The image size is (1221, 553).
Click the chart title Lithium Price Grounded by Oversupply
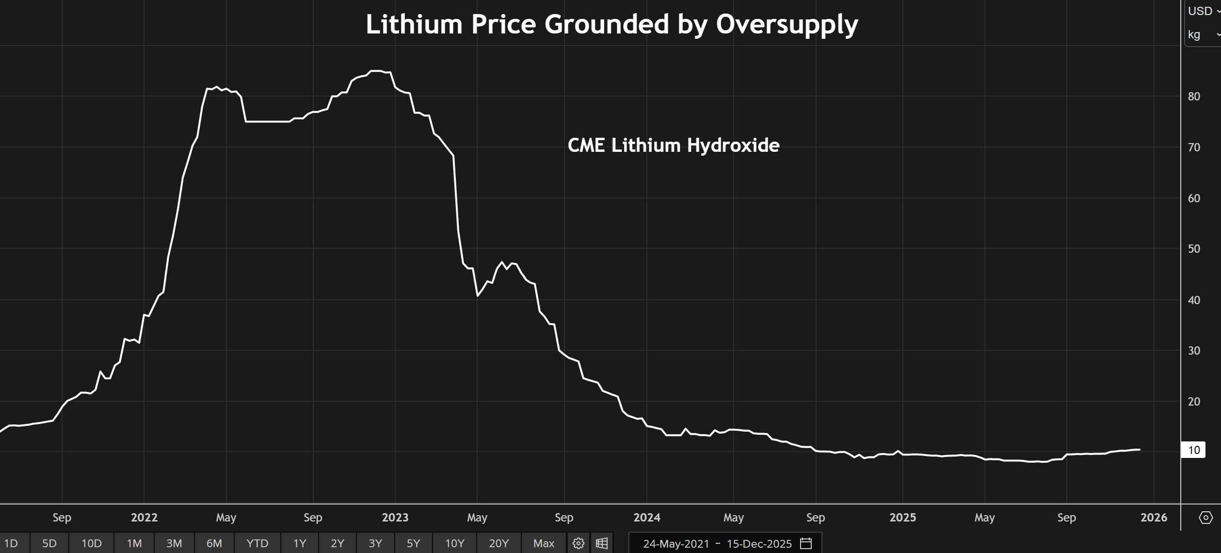point(611,24)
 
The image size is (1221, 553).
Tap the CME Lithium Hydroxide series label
point(673,146)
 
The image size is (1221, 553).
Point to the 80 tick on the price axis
point(1194,97)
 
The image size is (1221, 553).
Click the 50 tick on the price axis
point(1194,249)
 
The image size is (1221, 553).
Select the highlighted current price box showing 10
point(1193,450)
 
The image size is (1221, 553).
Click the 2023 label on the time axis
point(395,518)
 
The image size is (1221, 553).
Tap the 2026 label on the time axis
point(1154,518)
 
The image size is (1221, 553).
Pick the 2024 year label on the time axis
point(646,518)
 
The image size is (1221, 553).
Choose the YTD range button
point(257,543)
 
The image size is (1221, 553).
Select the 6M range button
point(214,543)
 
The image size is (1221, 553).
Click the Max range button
point(544,543)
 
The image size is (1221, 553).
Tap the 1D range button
point(11,543)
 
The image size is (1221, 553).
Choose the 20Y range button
point(498,543)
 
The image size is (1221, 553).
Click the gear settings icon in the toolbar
point(578,543)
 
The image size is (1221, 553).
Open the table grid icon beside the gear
point(602,543)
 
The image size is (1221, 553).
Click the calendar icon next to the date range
point(806,543)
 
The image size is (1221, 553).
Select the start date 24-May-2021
point(676,544)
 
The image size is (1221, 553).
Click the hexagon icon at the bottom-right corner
point(1205,518)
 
